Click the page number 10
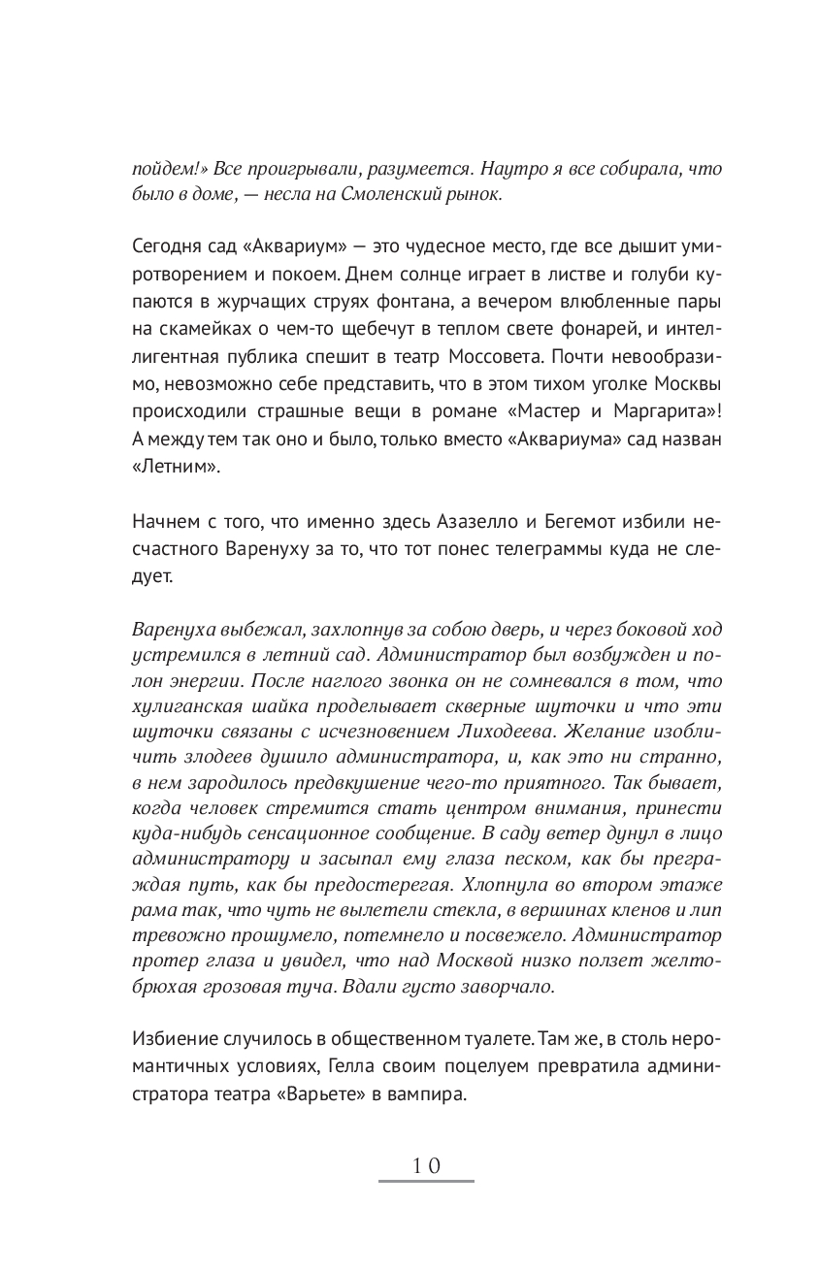click(x=426, y=1165)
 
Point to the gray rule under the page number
click(x=426, y=1181)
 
